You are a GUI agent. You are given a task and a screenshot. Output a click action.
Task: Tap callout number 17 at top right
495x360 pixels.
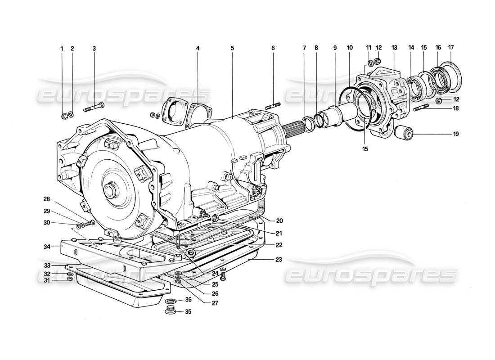pos(451,47)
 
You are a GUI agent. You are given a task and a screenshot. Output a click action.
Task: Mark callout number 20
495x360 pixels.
pos(279,220)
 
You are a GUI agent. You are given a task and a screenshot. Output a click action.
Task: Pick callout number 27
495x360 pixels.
pos(214,303)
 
